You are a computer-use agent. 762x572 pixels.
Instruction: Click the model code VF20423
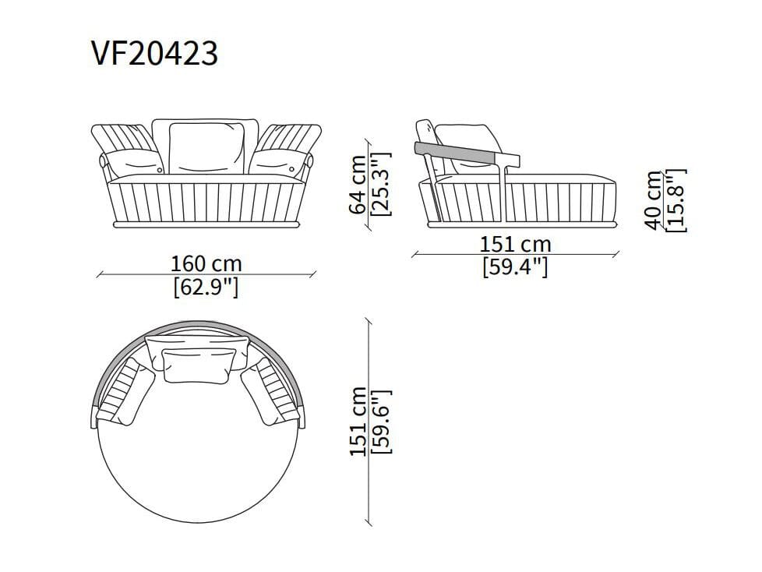click(154, 53)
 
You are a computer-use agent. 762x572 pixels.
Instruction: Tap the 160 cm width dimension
click(206, 264)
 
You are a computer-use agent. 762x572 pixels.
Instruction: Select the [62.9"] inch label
click(206, 288)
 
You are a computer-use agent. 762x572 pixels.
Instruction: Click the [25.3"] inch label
click(380, 184)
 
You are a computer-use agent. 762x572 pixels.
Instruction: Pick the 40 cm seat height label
click(654, 199)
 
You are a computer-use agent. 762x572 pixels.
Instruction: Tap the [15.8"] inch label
click(676, 200)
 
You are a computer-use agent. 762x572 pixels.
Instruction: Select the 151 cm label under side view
click(516, 245)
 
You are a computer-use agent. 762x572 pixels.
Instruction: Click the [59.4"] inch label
click(515, 267)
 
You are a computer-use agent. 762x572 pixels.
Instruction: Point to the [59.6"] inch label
click(381, 422)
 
